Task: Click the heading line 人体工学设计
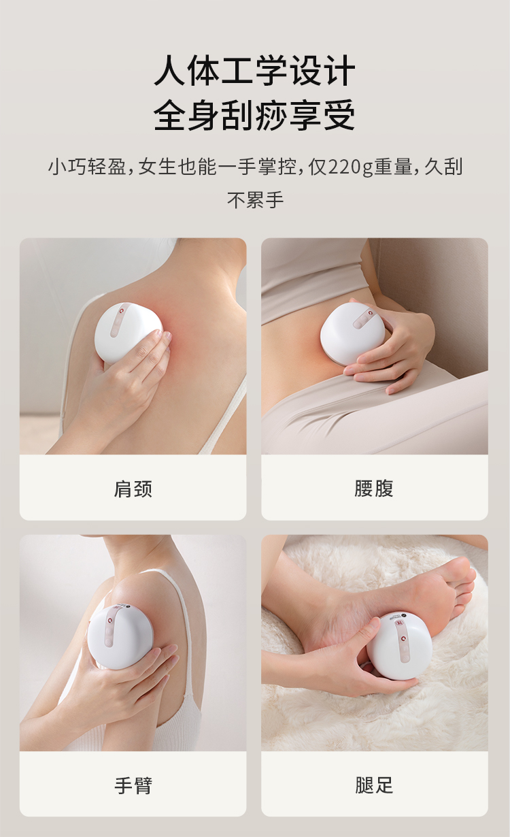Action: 254,70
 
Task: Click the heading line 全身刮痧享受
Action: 254,115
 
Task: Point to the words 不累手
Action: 256,200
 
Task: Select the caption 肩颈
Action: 133,489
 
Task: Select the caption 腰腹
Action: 374,489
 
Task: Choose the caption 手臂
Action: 133,785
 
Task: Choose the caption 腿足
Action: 374,785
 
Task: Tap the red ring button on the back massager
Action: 121,310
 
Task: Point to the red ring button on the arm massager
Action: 109,621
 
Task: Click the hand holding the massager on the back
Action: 131,374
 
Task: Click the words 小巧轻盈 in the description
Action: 87,167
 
